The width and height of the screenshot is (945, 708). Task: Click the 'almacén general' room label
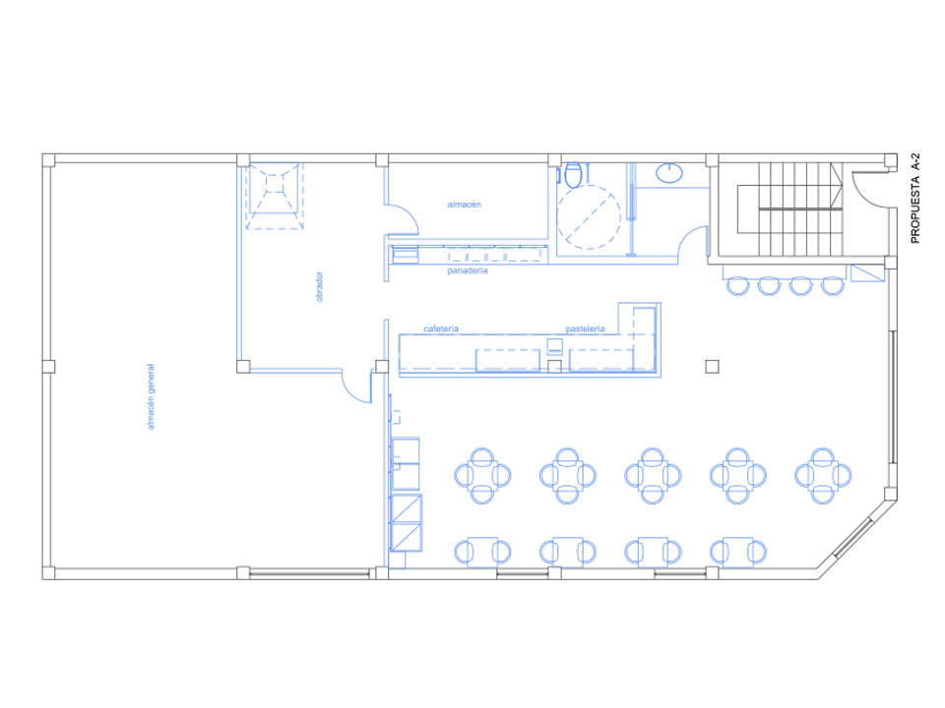point(152,396)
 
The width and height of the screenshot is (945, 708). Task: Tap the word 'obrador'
point(319,286)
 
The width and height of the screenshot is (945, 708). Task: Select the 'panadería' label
point(467,271)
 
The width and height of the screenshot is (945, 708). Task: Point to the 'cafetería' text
point(441,328)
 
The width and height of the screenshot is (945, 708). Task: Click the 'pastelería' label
point(585,328)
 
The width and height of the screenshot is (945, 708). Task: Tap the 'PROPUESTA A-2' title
point(915,198)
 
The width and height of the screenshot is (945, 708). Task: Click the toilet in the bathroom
point(573,173)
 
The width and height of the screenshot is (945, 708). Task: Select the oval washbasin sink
point(669,172)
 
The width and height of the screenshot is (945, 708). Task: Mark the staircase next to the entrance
point(789,208)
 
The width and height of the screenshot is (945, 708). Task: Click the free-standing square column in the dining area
point(712,366)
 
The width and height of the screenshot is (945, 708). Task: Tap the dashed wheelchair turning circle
point(589,217)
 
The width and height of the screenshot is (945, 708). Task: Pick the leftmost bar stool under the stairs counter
point(737,286)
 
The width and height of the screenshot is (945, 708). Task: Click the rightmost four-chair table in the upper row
point(823,476)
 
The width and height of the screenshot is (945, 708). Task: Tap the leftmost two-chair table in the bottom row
point(482,552)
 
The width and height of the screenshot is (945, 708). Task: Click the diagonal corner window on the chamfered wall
point(853,537)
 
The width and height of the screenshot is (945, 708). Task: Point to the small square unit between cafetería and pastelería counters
point(554,346)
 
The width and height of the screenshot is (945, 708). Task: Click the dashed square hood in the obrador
point(275,197)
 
